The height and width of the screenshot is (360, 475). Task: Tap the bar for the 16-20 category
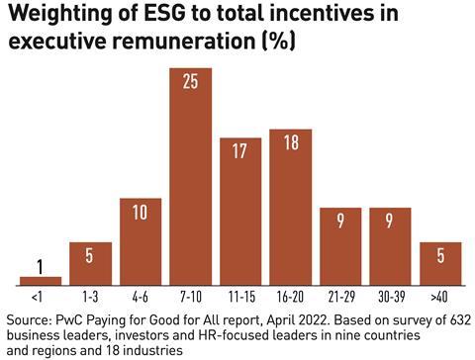pos(290,207)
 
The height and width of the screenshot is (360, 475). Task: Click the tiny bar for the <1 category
pos(41,280)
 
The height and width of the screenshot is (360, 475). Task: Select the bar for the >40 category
pos(440,263)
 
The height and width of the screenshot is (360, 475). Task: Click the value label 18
pos(290,143)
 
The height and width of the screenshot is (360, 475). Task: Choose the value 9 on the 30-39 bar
pos(390,221)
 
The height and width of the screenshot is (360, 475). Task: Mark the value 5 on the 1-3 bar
pos(90,256)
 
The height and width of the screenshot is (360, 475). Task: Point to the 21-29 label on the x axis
pos(340,296)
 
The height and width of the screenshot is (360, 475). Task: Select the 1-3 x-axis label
pos(90,296)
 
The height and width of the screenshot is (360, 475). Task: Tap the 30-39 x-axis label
pos(390,296)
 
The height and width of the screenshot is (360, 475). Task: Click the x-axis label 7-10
pos(190,296)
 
